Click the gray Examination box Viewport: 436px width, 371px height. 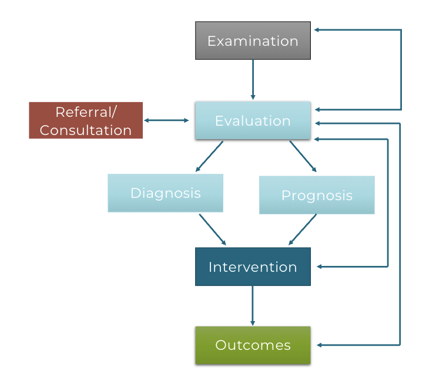253,41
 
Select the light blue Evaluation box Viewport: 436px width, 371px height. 253,120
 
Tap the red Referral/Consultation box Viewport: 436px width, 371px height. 86,120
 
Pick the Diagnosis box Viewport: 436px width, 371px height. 166,193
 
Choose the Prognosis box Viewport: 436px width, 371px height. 317,195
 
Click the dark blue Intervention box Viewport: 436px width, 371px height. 253,267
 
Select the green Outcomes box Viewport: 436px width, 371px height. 253,345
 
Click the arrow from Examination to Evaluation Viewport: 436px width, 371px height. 253,80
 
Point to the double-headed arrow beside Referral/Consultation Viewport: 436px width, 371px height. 166,120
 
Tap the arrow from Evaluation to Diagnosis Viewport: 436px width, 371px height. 209,156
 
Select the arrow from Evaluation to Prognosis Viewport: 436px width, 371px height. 303,156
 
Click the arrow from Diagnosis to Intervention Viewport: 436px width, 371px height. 213,230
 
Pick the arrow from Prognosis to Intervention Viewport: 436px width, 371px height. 303,230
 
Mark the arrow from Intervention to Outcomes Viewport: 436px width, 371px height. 253,306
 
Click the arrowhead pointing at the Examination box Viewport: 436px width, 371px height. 317,30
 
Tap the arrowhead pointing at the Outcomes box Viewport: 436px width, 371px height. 319,345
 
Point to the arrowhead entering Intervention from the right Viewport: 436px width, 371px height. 319,267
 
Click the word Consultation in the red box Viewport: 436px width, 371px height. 86,130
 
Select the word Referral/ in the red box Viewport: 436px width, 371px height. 86,112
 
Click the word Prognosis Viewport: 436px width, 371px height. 317,195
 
